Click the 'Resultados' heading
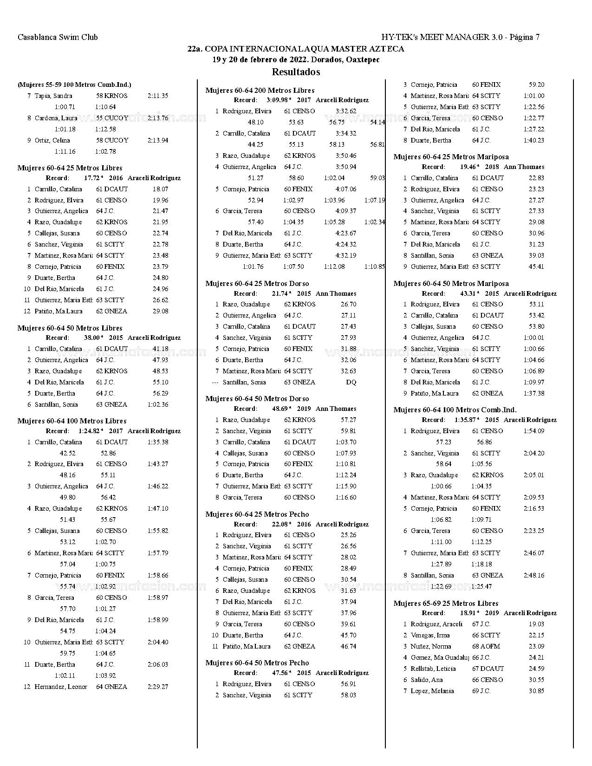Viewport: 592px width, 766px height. (296, 72)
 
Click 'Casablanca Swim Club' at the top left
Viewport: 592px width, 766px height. (58, 37)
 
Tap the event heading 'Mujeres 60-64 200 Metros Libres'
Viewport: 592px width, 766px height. (260, 91)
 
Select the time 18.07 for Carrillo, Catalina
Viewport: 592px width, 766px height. (160, 189)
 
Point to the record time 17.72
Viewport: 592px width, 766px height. (92, 178)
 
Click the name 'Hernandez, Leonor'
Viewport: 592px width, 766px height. (61, 687)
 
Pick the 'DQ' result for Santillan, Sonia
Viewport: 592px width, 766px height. (351, 382)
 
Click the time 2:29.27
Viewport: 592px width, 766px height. (158, 687)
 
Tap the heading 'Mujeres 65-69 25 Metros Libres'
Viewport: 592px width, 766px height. (446, 604)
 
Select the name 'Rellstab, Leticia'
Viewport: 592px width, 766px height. (433, 669)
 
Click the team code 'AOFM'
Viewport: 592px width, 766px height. (491, 646)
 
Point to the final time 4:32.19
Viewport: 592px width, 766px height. (346, 255)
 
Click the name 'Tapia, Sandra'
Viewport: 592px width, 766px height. (53, 96)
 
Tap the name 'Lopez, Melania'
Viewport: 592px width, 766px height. (432, 691)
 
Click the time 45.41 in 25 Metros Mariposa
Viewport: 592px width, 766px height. (536, 266)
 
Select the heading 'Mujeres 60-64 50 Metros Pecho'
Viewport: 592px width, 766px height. (257, 663)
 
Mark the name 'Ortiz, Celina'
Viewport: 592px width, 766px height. (52, 140)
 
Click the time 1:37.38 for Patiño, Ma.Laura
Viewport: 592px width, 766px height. (534, 393)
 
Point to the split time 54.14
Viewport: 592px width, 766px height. (377, 122)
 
